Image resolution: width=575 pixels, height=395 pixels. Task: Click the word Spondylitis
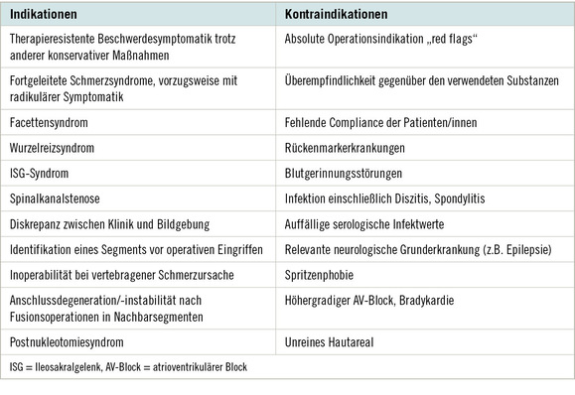(473, 196)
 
